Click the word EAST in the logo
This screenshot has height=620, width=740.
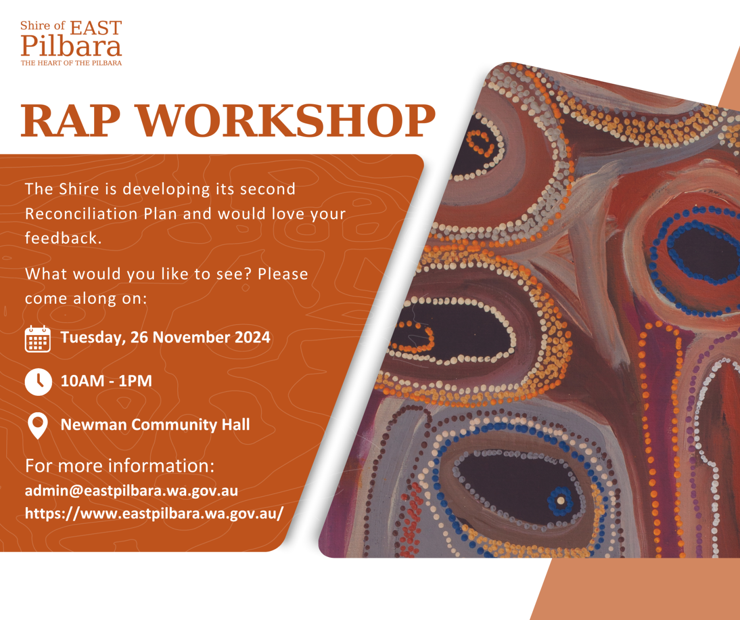pyautogui.click(x=96, y=28)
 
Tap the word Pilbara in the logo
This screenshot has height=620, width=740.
pyautogui.click(x=71, y=46)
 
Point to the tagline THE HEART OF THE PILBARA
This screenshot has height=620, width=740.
pyautogui.click(x=71, y=63)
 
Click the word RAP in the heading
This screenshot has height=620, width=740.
pyautogui.click(x=70, y=121)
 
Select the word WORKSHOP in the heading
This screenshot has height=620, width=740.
pyautogui.click(x=286, y=121)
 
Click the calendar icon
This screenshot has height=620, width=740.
pyautogui.click(x=37, y=339)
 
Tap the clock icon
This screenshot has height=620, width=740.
pyautogui.click(x=38, y=382)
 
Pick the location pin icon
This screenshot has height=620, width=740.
pyautogui.click(x=37, y=426)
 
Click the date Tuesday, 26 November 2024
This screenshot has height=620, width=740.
pyautogui.click(x=165, y=338)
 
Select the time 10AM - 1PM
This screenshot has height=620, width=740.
pyautogui.click(x=106, y=381)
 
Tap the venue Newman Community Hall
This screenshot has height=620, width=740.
pyautogui.click(x=155, y=424)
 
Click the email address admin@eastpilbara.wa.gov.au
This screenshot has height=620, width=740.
pyautogui.click(x=131, y=491)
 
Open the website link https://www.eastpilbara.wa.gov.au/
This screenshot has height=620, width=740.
pyautogui.click(x=154, y=513)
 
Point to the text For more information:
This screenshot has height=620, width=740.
pyautogui.click(x=120, y=466)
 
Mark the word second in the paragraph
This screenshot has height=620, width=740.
pyautogui.click(x=268, y=189)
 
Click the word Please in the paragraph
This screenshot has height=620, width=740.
pyautogui.click(x=283, y=274)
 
